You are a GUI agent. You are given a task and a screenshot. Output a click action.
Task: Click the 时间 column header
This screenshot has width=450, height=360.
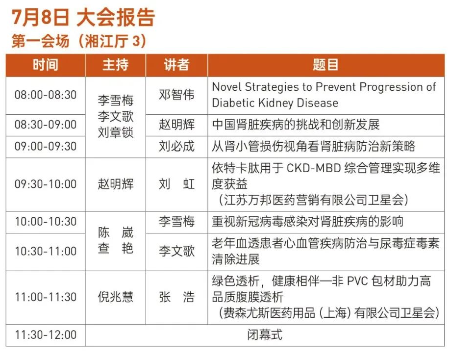click(46, 65)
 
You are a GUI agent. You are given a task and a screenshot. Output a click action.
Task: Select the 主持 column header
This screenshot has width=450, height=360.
click(115, 65)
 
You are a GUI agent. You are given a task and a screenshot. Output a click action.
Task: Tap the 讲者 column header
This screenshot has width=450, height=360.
click(176, 65)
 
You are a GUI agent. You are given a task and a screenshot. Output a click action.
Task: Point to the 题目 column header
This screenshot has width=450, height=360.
click(325, 65)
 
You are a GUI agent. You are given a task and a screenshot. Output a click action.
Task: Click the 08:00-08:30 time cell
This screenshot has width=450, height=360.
click(46, 95)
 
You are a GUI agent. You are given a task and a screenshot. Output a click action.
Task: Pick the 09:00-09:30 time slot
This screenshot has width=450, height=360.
click(46, 147)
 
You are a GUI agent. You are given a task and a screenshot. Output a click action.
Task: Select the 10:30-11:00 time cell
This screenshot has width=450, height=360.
click(46, 252)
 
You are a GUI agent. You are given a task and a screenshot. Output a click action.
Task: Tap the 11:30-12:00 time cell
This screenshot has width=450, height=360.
click(46, 335)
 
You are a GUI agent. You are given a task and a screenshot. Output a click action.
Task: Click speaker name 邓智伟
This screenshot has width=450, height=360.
click(176, 95)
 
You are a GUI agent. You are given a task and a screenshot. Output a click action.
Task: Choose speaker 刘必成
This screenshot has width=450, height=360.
click(176, 147)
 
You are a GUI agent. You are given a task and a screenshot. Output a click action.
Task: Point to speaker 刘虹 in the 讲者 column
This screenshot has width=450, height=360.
click(176, 184)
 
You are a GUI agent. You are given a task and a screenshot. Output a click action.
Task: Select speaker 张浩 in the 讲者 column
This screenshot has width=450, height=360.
click(176, 297)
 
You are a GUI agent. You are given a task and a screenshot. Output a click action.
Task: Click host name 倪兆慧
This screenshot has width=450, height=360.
click(115, 297)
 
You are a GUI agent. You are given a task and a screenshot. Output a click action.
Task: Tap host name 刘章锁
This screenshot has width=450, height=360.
click(115, 132)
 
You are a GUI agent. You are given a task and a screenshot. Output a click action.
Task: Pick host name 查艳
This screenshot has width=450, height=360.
click(115, 248)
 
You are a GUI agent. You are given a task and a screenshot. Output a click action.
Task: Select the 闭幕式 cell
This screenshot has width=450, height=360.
click(265, 335)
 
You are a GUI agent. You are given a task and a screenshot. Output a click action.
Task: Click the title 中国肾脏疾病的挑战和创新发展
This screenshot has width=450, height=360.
click(296, 125)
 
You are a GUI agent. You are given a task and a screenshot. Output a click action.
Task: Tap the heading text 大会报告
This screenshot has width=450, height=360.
click(116, 17)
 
